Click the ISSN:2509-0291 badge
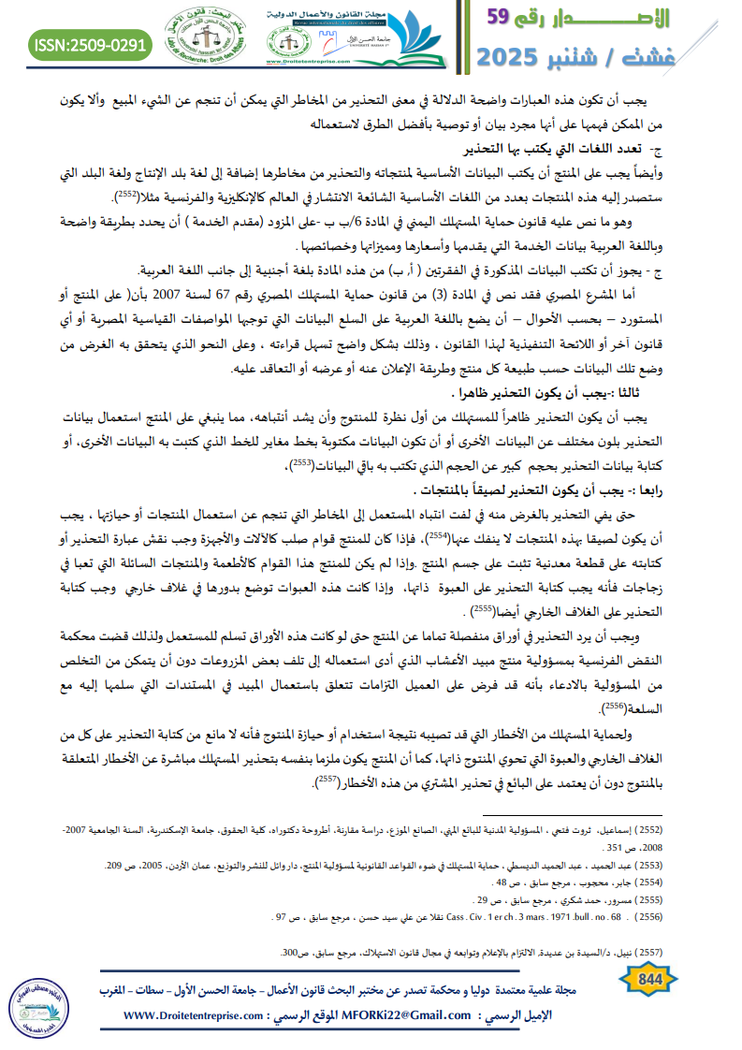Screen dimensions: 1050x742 [90, 43]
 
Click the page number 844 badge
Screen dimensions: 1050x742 [648, 979]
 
